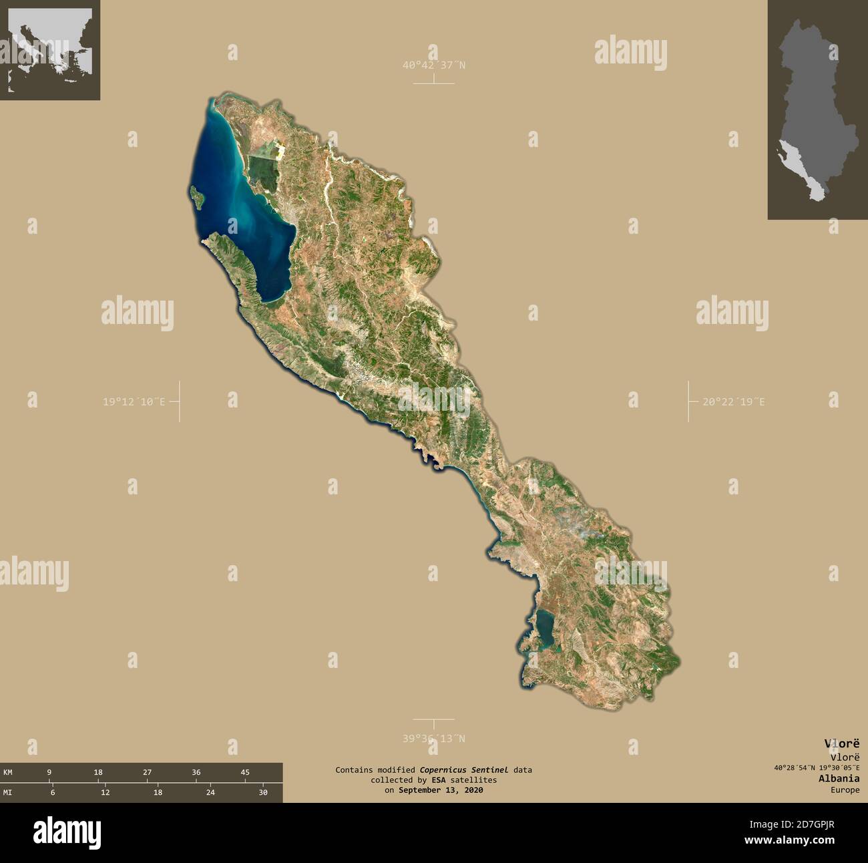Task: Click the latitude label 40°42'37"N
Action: coord(433,65)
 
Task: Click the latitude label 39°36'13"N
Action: coord(433,738)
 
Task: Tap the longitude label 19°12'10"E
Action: coord(133,401)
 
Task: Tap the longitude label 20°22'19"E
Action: coord(733,401)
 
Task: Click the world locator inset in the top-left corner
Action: coord(50,50)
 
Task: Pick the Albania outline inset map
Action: coord(817,110)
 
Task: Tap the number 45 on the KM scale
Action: coord(245,772)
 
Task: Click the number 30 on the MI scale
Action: coord(263,792)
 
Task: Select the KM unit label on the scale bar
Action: coord(8,772)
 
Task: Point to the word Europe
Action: coord(845,790)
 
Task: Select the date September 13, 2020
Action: coord(440,790)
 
